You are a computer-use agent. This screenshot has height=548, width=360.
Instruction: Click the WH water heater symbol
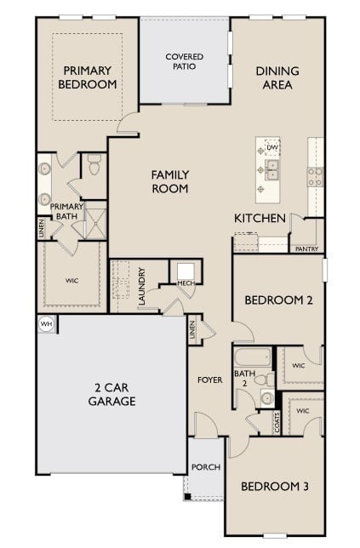point(45,323)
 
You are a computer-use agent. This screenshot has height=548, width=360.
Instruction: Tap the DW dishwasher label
point(273,147)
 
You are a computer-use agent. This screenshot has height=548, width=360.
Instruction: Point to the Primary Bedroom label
point(87,77)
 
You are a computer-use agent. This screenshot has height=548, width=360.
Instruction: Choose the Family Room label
point(169,181)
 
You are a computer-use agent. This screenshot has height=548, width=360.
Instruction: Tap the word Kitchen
point(260,219)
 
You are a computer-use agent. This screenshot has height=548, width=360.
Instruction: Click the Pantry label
point(306,249)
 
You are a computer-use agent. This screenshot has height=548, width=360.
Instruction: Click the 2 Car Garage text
point(112,393)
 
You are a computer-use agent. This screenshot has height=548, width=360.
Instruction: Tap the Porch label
point(205,467)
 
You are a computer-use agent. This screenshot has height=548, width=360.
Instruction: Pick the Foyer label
point(210,380)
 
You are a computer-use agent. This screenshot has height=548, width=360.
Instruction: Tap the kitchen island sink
point(272,174)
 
